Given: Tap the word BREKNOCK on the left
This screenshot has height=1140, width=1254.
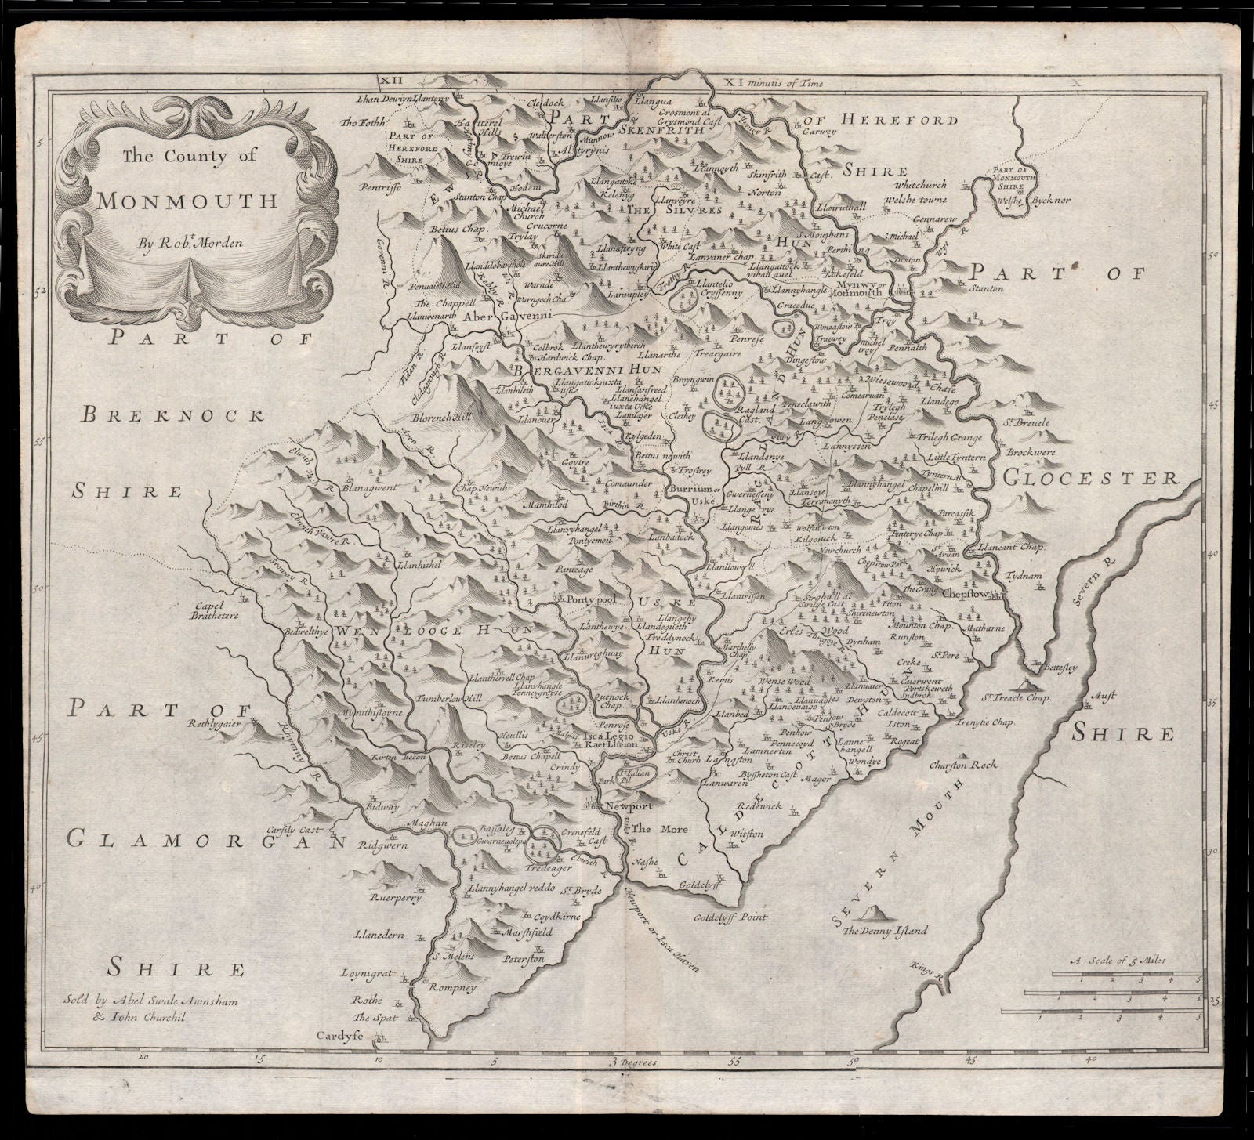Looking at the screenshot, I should tap(171, 415).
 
